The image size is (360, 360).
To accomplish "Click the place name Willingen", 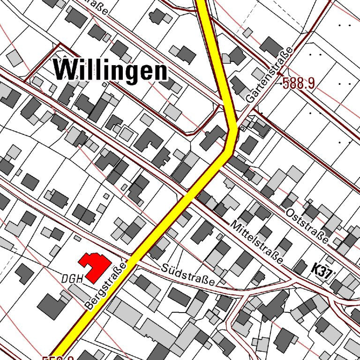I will [111, 70].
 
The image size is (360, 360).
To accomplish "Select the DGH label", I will [72, 279].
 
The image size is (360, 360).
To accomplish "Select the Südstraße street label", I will [187, 275].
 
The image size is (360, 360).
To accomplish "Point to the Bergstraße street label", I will [107, 286].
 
